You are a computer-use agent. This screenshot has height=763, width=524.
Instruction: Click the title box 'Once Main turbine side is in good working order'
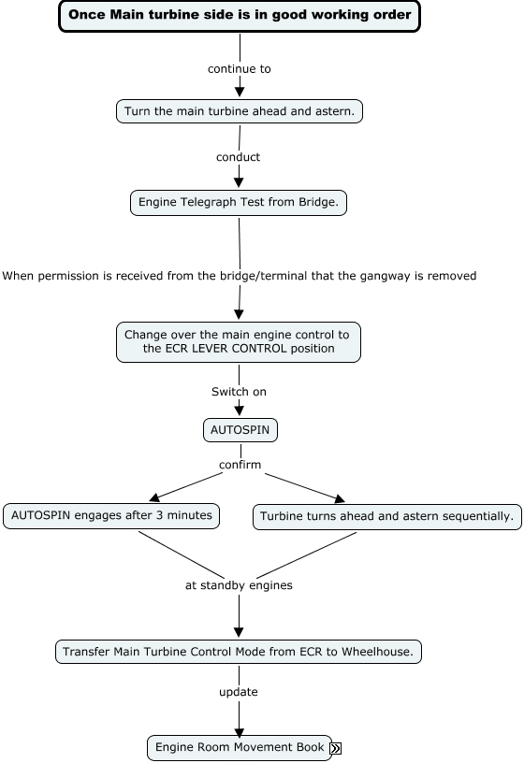tap(240, 16)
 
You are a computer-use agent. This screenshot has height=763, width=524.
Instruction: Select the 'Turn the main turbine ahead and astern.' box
tap(240, 111)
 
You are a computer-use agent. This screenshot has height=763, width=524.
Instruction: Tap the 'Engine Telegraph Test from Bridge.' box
tap(238, 202)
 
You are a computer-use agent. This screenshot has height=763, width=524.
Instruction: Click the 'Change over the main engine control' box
tap(238, 342)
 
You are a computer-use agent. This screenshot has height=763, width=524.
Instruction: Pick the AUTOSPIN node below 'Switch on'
tap(240, 430)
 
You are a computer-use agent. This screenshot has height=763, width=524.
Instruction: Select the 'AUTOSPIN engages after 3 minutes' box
tap(111, 516)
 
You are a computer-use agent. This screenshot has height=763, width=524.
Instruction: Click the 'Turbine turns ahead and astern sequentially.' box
tap(387, 517)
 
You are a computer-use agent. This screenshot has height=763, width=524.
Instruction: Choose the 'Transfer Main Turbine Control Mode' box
tap(238, 652)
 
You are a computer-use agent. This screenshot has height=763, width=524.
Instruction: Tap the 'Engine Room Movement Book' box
tap(240, 747)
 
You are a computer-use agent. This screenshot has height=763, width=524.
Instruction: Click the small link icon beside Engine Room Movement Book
tap(336, 748)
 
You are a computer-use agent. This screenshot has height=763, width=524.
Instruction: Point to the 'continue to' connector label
tap(240, 69)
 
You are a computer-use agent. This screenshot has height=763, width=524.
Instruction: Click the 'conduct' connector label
tap(238, 157)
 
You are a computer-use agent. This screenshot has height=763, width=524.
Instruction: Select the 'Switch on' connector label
tap(239, 392)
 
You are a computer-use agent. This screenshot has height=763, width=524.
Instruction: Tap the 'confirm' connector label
tap(240, 465)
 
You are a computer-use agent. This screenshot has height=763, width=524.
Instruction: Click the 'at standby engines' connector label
tap(239, 585)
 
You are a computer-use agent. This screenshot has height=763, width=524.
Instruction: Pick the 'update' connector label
tap(238, 692)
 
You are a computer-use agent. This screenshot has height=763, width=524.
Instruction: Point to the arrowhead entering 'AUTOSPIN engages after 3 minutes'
tap(154, 497)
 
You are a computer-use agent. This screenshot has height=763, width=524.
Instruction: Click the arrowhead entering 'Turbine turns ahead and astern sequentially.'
tap(340, 498)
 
